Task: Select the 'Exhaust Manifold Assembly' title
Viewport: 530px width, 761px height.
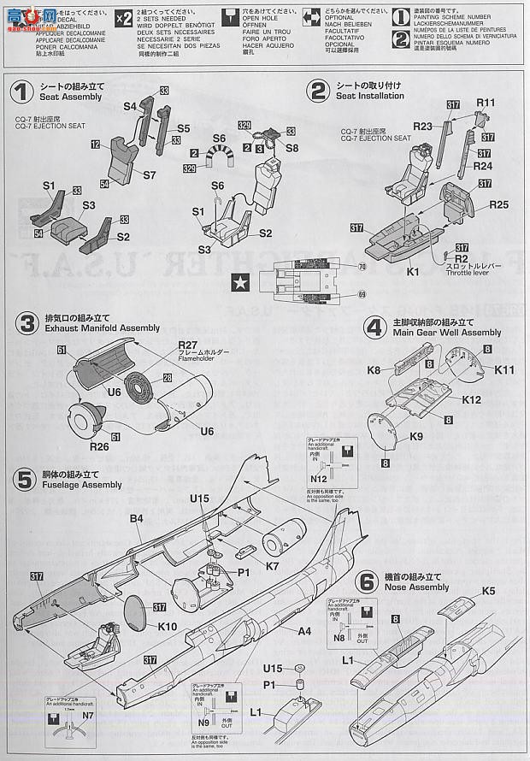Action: [x=86, y=327]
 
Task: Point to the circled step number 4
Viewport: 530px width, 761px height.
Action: [x=373, y=327]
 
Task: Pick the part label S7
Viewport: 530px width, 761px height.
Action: [x=148, y=174]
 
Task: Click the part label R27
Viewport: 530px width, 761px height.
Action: [x=188, y=345]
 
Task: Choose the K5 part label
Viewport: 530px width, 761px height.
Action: [x=488, y=590]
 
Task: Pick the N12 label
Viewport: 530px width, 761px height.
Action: [x=319, y=479]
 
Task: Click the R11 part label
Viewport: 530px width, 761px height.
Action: [x=486, y=103]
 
